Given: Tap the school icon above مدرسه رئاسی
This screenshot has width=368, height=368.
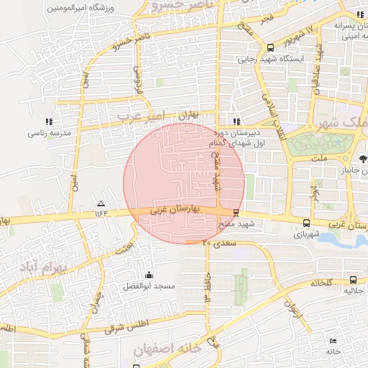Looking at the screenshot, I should (48, 121).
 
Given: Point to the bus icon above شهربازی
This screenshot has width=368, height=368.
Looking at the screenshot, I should (307, 223).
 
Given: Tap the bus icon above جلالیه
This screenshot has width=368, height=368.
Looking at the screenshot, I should (352, 280).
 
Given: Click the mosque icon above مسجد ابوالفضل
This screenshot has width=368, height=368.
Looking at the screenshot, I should (149, 275).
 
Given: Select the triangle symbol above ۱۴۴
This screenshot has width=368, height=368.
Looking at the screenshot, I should (100, 203).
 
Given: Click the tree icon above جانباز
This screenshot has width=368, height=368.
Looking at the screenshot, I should (363, 159).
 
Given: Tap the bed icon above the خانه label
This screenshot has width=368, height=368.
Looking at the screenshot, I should (332, 341).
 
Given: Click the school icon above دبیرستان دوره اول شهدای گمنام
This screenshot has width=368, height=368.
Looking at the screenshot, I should (236, 121).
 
